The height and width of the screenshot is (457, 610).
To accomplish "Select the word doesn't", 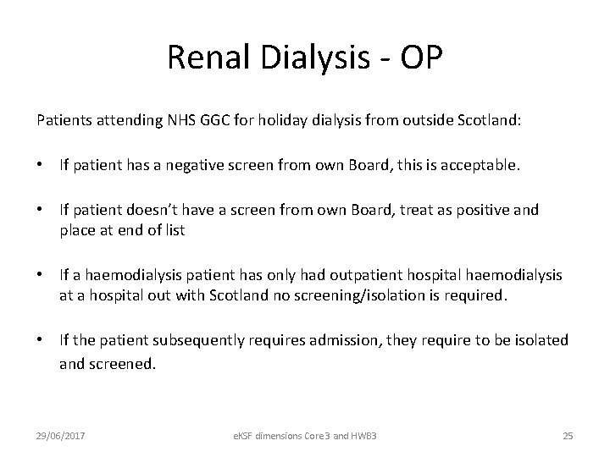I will [141, 209].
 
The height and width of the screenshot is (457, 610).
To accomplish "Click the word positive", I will [485, 209].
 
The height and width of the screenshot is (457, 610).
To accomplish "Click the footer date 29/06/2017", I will [63, 435].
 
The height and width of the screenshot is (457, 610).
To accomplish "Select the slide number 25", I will [568, 435].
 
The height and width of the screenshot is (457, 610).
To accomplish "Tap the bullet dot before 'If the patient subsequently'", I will [42, 339].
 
